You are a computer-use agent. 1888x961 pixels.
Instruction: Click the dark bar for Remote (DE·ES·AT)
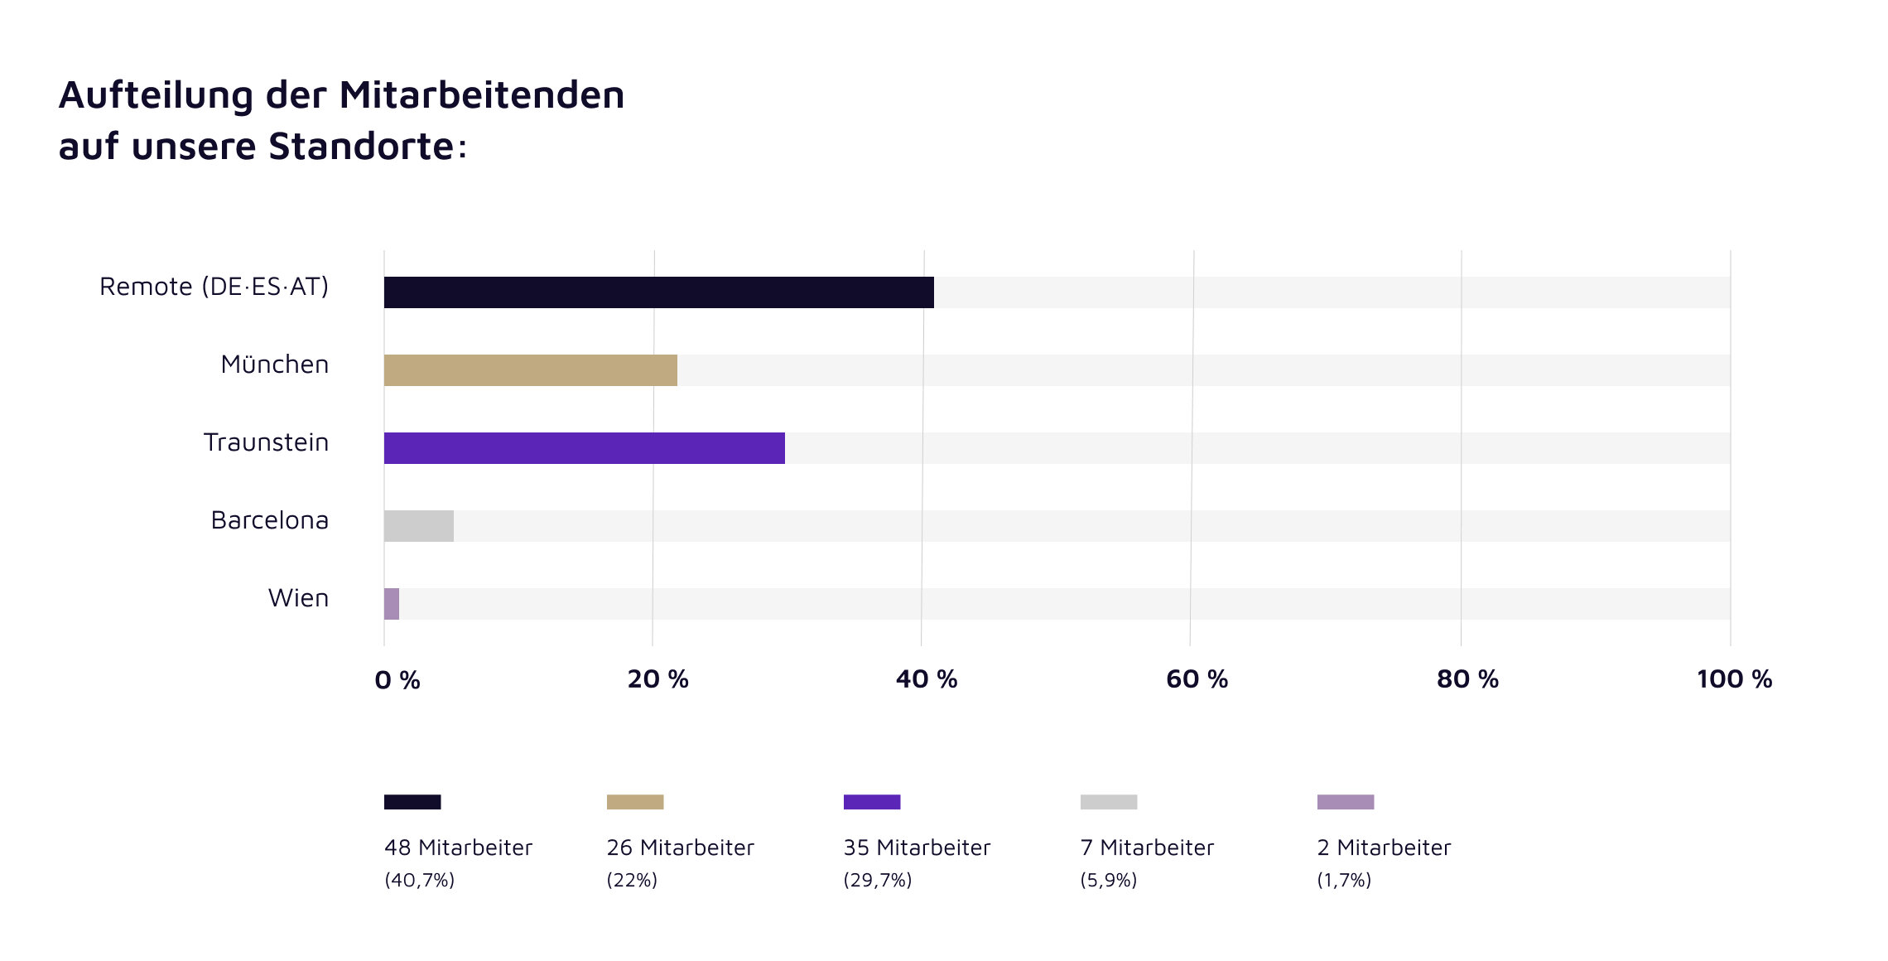click(658, 292)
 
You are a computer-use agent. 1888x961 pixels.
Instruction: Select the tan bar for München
click(530, 370)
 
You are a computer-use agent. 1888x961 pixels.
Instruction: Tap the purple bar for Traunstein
click(584, 448)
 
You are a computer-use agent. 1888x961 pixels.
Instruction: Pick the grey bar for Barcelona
click(418, 526)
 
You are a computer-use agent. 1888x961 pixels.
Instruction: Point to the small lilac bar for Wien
click(392, 604)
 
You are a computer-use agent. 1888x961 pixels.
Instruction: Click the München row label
click(275, 365)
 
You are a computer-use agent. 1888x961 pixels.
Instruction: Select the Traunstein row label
click(266, 442)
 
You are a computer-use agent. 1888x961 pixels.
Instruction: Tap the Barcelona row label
click(270, 520)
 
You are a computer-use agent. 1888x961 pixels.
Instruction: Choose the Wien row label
click(298, 598)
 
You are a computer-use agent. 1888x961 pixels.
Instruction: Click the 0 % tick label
click(397, 680)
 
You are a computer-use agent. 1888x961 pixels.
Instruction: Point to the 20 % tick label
click(657, 679)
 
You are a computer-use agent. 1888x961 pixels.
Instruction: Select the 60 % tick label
click(1197, 679)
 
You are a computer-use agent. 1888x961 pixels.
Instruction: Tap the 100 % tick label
click(1734, 679)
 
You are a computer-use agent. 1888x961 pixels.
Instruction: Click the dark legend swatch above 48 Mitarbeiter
click(412, 802)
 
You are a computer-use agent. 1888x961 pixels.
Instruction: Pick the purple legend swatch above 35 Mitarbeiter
click(872, 802)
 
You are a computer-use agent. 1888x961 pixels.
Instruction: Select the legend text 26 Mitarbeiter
click(680, 848)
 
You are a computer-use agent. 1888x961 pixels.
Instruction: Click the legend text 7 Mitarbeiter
click(1147, 848)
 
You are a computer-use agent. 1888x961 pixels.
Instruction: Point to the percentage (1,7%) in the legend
click(1344, 880)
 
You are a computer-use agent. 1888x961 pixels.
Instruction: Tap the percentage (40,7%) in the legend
click(419, 880)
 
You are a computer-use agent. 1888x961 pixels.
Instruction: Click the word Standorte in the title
click(361, 147)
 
